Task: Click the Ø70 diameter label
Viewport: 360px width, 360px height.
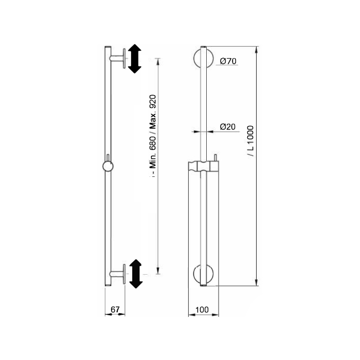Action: tap(228, 61)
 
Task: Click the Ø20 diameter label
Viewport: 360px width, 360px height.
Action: tap(228, 127)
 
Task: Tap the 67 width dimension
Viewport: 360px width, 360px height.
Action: tap(115, 310)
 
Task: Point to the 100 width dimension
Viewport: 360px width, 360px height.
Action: tap(202, 310)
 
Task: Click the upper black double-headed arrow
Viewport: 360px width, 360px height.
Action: tap(135, 59)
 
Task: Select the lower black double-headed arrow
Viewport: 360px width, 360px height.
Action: tap(136, 274)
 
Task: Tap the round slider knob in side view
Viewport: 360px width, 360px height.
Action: tap(107, 166)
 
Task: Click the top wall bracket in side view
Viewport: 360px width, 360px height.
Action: tap(118, 58)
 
